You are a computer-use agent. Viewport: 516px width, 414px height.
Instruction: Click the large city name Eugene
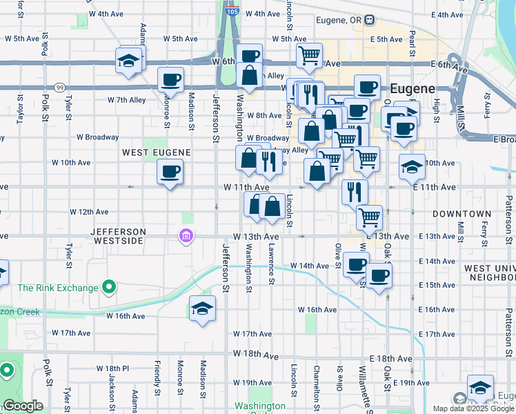click(x=413, y=89)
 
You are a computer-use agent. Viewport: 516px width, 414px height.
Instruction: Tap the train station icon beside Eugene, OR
click(x=370, y=20)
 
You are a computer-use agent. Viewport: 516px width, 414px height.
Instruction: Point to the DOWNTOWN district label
click(x=462, y=215)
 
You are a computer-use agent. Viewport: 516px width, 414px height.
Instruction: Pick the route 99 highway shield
click(x=60, y=88)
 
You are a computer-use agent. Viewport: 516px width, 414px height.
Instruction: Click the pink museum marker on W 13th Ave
click(x=185, y=237)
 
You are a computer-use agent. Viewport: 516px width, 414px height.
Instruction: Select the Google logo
click(x=23, y=406)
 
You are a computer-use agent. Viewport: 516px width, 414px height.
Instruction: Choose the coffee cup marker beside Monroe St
click(x=170, y=79)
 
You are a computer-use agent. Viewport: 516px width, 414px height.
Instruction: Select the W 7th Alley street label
click(x=126, y=100)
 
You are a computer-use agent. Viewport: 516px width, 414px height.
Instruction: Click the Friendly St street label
click(x=157, y=392)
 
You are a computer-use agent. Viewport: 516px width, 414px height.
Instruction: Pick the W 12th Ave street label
click(x=89, y=212)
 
